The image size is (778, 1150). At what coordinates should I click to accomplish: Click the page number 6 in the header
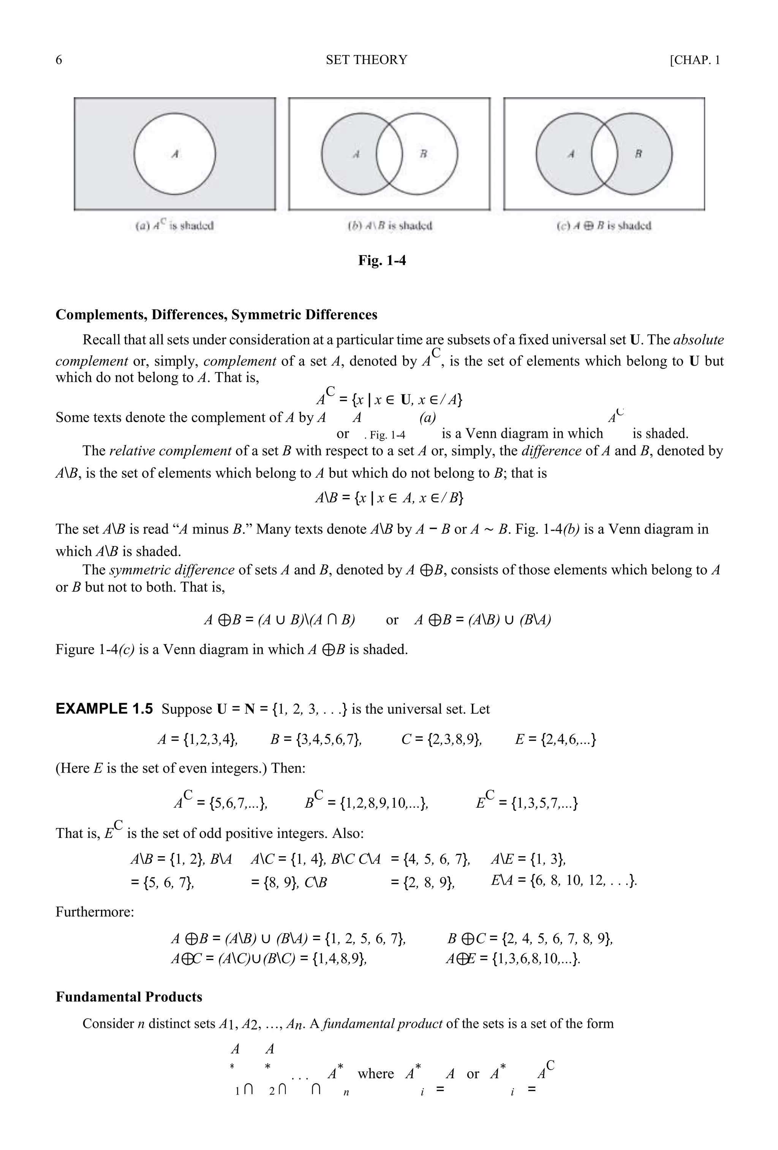coord(59,60)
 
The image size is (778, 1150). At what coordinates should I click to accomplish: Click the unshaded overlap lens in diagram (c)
coord(604,154)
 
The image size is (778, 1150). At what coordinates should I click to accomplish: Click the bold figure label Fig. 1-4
coord(382,260)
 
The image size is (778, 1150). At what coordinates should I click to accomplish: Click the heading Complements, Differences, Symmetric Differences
coord(217,315)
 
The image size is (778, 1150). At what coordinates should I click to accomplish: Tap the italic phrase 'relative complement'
coord(170,451)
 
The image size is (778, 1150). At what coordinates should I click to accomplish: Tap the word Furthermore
coord(95,912)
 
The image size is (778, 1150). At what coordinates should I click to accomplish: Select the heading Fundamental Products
coord(129,997)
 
